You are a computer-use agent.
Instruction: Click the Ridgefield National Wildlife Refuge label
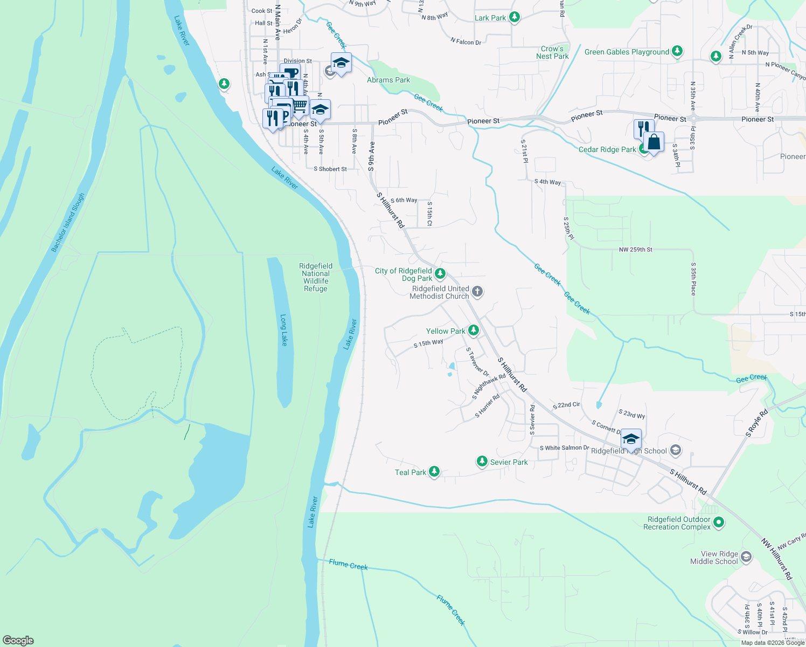pos(316,277)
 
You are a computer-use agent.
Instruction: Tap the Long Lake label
pos(283,330)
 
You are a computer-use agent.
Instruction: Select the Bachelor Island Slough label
pos(68,223)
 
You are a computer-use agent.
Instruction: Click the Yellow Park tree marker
pos(474,330)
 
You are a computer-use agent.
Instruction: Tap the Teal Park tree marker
pos(434,472)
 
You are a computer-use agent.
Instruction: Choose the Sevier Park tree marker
pos(482,462)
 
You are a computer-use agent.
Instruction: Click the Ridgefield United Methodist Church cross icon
pos(477,292)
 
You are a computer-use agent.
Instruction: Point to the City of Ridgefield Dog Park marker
pos(440,274)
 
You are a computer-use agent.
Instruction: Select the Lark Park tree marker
pos(515,17)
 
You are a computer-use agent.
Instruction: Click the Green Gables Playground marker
pos(677,51)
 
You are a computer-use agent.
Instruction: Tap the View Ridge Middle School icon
pos(746,556)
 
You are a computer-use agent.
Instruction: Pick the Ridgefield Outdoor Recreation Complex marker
pos(719,522)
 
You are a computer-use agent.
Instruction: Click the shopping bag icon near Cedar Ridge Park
pos(654,142)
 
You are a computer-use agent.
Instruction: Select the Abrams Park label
pos(388,80)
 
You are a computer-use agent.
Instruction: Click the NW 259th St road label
pos(635,250)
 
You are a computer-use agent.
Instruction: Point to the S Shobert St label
pos(330,169)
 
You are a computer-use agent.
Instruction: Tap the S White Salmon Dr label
pos(565,448)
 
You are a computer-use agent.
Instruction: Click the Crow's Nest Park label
pos(552,52)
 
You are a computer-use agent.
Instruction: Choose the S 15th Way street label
pos(428,343)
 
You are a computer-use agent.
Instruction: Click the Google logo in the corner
pos(18,641)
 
